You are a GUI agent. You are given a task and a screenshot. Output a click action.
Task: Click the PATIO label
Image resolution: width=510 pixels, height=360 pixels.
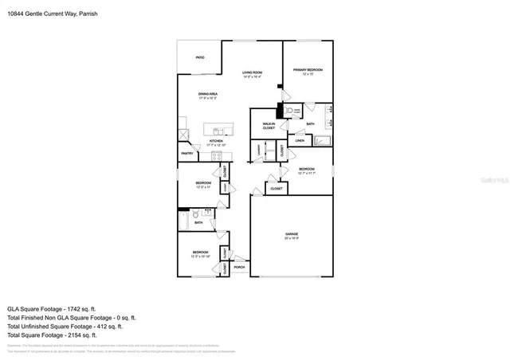[200, 57]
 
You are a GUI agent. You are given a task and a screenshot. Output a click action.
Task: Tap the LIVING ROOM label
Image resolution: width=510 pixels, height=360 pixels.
[253, 73]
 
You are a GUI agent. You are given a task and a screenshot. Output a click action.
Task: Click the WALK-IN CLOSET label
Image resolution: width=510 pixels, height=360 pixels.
[269, 126]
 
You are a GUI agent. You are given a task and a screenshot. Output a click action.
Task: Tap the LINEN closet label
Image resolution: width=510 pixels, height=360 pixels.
[300, 141]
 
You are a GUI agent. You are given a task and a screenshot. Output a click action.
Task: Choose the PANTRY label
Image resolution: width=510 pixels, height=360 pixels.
[187, 154]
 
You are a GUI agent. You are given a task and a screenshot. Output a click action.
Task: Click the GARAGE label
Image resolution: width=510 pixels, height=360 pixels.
[292, 235]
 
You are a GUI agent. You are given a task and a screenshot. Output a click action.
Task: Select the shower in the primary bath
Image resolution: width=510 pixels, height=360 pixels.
[323, 142]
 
